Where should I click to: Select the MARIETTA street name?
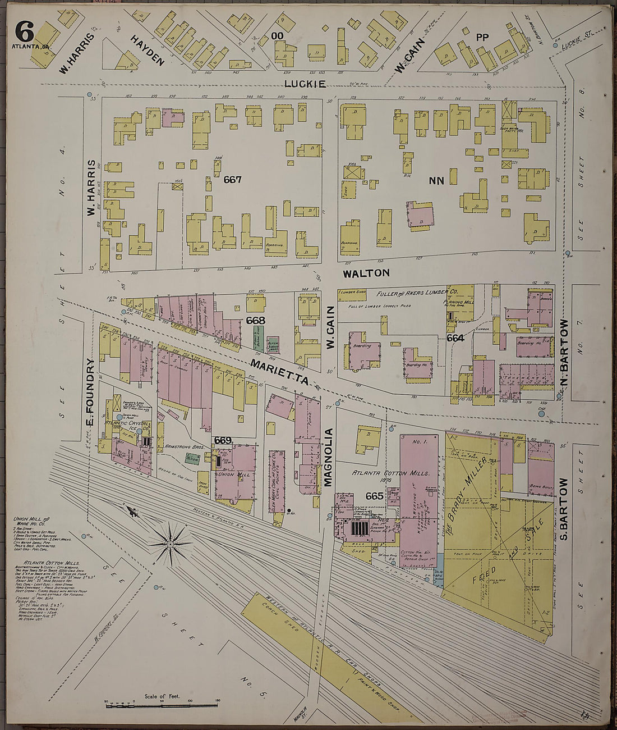pos(279,372)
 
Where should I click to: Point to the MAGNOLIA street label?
pos(329,457)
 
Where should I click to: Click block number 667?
pos(232,180)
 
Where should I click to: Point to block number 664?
pos(455,338)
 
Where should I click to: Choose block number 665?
pos(374,496)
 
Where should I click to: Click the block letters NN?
pos(436,180)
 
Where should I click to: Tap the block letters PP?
pos(482,38)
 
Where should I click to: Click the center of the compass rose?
pos(171,544)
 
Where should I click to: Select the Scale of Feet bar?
pos(161,704)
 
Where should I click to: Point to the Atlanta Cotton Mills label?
pos(379,473)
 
